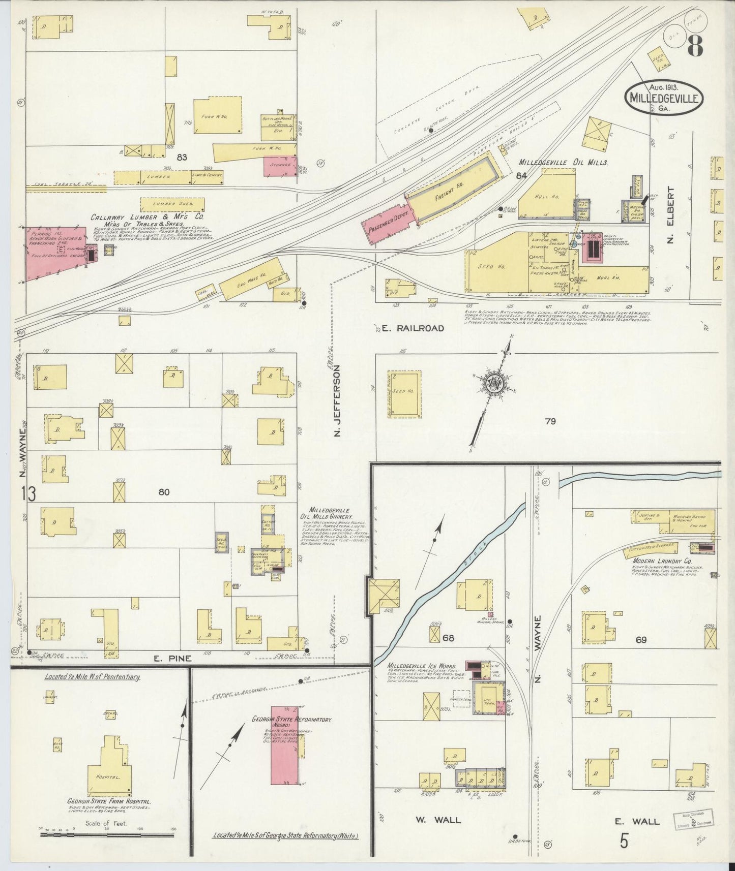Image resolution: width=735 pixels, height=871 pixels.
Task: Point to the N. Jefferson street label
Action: coord(336,405)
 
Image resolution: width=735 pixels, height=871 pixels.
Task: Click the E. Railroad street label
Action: coord(418,328)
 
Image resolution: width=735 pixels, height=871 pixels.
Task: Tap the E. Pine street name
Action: coord(173,658)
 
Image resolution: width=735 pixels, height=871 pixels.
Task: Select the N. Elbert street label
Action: coord(671,215)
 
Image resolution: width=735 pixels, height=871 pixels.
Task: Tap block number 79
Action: coord(550,421)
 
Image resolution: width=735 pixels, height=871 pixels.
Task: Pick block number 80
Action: coord(163,492)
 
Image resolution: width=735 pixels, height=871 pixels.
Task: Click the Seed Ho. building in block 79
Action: coord(404,394)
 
